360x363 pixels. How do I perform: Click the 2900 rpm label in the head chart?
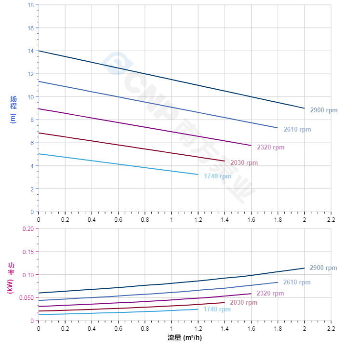pos(323,110)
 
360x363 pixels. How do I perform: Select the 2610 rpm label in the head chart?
pos(297,130)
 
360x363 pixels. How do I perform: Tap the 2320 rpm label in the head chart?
pos(270,148)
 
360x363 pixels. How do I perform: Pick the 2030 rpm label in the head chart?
pos(244,163)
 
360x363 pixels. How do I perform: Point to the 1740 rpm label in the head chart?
pos(217,176)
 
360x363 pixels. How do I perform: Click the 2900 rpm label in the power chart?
pos(323,268)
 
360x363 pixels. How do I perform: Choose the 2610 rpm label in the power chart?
pos(296,282)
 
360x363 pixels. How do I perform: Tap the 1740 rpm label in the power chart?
pos(217,309)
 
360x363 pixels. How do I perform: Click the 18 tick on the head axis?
pos(31,5)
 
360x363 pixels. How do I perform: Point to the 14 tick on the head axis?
pos(31,51)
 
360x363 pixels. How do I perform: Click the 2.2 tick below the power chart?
pos(331,328)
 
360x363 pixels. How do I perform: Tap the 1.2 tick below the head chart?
pos(198,219)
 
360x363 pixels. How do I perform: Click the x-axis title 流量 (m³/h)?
pos(185,337)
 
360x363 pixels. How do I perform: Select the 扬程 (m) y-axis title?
pos(13,109)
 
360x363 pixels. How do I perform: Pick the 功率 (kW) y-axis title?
pos(11,278)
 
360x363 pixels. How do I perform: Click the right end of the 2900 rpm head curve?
pos(305,108)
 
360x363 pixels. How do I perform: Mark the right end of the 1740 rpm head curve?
pos(198,175)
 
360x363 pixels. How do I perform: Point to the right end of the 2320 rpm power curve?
pos(251,294)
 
